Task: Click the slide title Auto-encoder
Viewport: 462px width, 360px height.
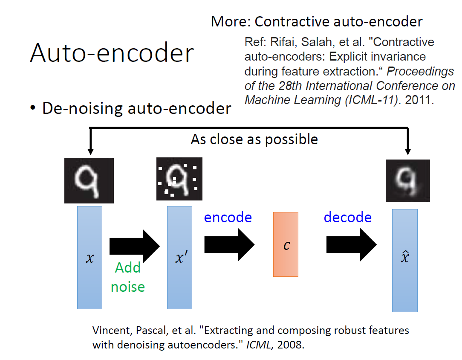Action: coord(112,53)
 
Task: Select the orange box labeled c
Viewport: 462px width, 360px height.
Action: coord(286,244)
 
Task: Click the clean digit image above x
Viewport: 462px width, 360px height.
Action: coord(89,180)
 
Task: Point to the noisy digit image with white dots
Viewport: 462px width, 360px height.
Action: coord(179,180)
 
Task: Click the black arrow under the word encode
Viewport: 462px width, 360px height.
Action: coord(229,245)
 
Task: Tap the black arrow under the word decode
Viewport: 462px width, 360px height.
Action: coord(351,245)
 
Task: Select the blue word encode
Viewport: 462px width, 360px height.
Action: coord(228,217)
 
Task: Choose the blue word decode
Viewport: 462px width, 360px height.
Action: coord(348,217)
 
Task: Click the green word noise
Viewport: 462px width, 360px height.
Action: coord(128,286)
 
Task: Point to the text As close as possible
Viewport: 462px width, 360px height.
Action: coord(254,139)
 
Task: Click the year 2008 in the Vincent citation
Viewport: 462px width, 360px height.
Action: coord(291,345)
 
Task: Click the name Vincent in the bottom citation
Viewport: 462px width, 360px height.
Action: coord(107,331)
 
